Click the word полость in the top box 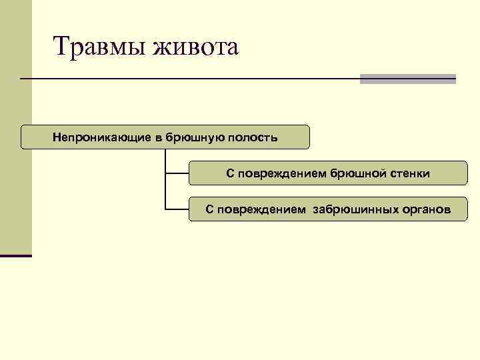[x=252, y=137]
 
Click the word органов [x=426, y=210]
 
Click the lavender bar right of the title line [x=407, y=79]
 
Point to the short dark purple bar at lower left [x=16, y=255]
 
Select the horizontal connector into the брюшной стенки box [x=177, y=173]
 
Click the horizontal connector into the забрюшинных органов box [x=177, y=209]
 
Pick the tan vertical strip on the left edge [x=15, y=133]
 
